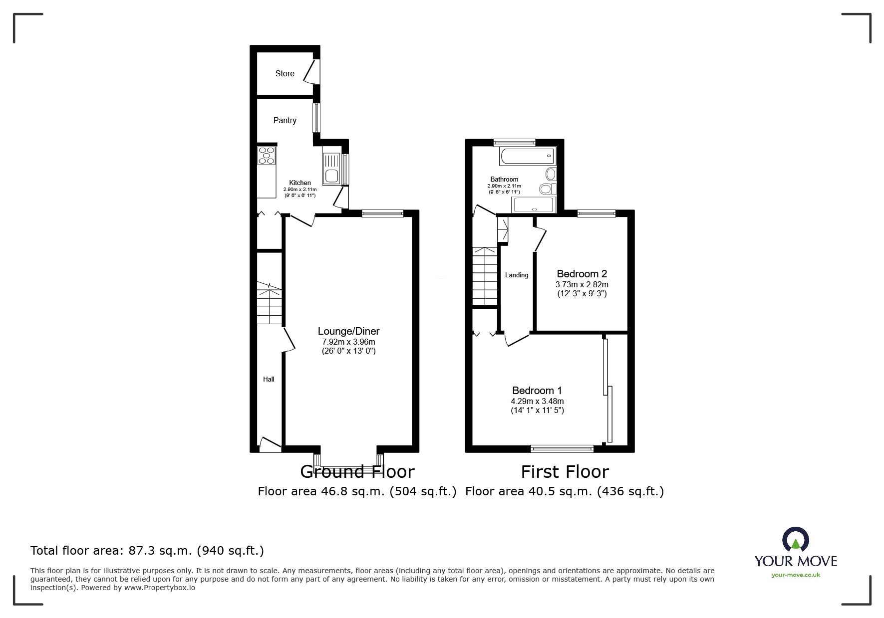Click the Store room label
(x=285, y=73)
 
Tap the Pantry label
(x=285, y=120)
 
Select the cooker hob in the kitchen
(x=266, y=155)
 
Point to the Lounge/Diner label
(x=349, y=331)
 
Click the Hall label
(x=269, y=379)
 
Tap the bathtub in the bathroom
(x=527, y=157)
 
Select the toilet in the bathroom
(x=548, y=189)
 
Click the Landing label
(x=516, y=275)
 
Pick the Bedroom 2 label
(x=582, y=274)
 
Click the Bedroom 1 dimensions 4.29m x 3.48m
(x=537, y=401)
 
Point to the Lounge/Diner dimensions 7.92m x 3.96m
(x=348, y=342)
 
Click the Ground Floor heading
(x=357, y=472)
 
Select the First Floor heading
(x=565, y=472)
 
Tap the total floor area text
(x=147, y=551)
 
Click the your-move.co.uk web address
(x=796, y=575)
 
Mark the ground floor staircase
(x=270, y=303)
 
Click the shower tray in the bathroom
(x=533, y=206)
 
